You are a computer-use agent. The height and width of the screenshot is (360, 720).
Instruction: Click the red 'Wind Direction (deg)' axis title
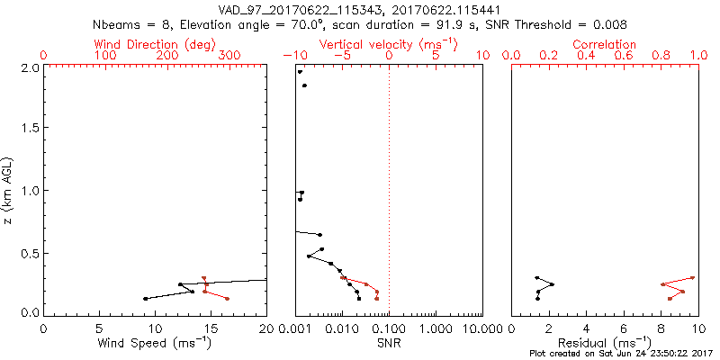pyautogui.click(x=155, y=44)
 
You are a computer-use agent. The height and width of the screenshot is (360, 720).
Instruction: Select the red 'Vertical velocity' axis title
pyautogui.click(x=388, y=44)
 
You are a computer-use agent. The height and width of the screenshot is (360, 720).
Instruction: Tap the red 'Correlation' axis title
pyautogui.click(x=605, y=44)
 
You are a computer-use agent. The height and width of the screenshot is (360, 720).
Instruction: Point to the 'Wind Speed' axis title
pyautogui.click(x=155, y=343)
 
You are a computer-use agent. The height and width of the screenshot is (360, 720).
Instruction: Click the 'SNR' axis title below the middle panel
pyautogui.click(x=389, y=343)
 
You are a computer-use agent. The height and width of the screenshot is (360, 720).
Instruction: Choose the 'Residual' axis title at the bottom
pyautogui.click(x=605, y=343)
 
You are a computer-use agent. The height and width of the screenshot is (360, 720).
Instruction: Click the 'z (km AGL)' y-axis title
pyautogui.click(x=9, y=190)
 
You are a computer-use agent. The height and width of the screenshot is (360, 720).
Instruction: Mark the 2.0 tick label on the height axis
pyautogui.click(x=30, y=67)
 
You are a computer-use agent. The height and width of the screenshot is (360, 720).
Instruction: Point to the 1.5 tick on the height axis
pyautogui.click(x=30, y=129)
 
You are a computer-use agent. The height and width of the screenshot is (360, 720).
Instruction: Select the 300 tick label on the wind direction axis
pyautogui.click(x=229, y=56)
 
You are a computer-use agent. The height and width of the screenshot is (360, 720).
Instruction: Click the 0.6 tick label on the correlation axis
pyautogui.click(x=624, y=56)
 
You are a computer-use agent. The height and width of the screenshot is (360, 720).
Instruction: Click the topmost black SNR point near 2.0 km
pyautogui.click(x=300, y=72)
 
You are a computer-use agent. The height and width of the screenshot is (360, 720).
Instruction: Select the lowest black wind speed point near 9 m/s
pyautogui.click(x=145, y=299)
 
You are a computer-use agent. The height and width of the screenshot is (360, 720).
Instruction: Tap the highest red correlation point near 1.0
pyautogui.click(x=693, y=278)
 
